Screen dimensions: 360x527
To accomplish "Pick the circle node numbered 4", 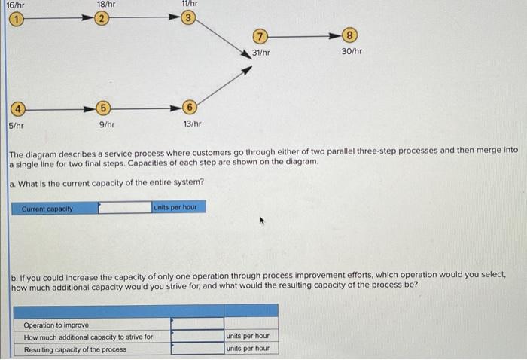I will (x=13, y=108).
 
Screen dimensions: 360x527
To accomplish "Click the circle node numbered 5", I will (x=105, y=108).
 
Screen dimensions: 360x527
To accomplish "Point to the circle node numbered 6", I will (x=191, y=108).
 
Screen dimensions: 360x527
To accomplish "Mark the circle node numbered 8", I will (x=352, y=35).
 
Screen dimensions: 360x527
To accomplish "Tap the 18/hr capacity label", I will (x=106, y=5).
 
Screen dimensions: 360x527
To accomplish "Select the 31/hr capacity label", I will (x=261, y=52).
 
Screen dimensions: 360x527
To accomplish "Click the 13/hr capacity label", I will (x=192, y=124).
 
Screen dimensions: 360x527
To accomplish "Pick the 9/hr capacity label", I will (x=106, y=124).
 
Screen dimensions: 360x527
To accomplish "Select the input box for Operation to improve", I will (x=196, y=323).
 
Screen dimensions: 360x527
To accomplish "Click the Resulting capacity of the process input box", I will (x=196, y=349).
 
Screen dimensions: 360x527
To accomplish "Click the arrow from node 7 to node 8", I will (x=305, y=35).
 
